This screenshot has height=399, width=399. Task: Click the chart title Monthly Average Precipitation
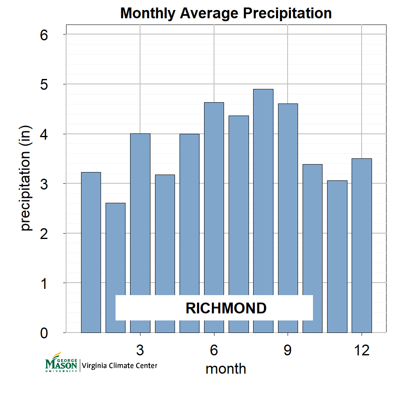[226, 13]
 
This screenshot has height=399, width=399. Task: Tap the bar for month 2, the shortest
[116, 249]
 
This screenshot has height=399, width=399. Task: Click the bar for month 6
[214, 199]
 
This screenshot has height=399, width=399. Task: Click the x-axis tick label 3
[140, 350]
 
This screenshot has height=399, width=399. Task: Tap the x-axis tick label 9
[288, 350]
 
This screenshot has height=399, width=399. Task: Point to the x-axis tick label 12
[362, 350]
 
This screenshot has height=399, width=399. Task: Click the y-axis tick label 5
[44, 84]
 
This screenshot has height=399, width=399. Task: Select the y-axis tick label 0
[44, 333]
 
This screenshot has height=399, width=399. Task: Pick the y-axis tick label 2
[44, 234]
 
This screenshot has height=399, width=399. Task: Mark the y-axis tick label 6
[44, 34]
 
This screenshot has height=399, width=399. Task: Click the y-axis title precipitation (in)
[26, 178]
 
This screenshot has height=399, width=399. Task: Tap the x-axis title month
[226, 369]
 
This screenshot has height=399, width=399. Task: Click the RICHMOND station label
[226, 308]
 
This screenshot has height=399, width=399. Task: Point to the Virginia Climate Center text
[120, 366]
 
